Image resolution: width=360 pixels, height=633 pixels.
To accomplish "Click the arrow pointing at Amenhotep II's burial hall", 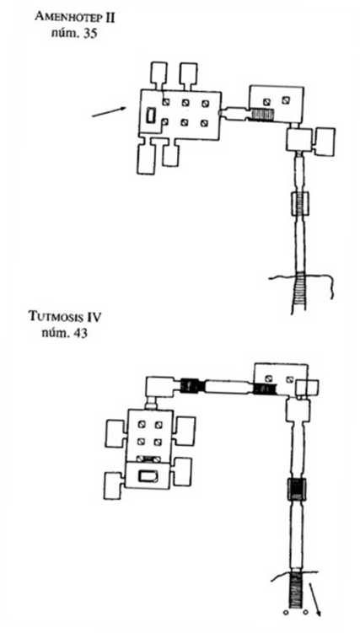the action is pyautogui.click(x=109, y=112).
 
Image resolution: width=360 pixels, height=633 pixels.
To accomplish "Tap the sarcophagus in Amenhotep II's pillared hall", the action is pyautogui.click(x=151, y=115).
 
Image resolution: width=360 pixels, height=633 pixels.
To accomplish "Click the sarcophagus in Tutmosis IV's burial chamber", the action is pyautogui.click(x=148, y=476).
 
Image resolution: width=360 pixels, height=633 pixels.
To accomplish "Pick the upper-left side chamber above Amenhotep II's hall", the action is pyautogui.click(x=159, y=74).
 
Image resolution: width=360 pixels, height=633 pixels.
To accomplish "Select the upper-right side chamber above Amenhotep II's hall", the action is pyautogui.click(x=188, y=74).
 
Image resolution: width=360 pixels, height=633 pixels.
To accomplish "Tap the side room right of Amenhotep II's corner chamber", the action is pyautogui.click(x=325, y=142).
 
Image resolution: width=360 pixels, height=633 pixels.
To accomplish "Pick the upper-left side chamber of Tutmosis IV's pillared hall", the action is pyautogui.click(x=115, y=433).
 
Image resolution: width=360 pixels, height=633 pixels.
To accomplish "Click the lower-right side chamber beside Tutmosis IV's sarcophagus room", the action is pyautogui.click(x=182, y=471).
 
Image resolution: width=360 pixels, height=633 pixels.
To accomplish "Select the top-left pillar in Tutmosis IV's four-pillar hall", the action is pyautogui.click(x=142, y=424).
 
